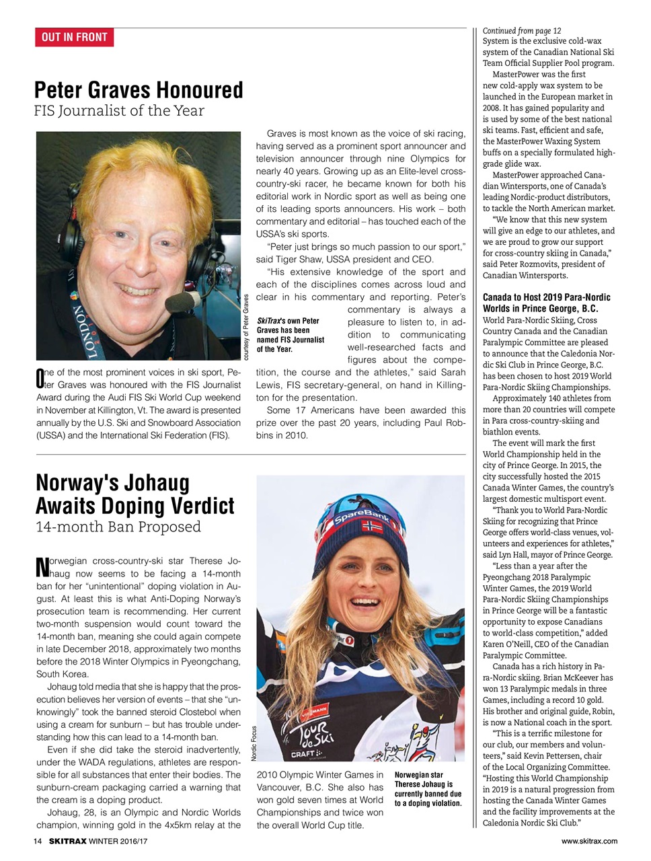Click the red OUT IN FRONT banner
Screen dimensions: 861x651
click(74, 37)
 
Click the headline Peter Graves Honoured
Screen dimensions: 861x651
click(139, 89)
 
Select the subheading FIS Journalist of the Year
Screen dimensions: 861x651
click(119, 111)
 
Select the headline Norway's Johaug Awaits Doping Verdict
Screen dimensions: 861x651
click(135, 494)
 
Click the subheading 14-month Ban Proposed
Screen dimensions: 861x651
click(118, 527)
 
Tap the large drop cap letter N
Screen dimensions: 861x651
click(40, 567)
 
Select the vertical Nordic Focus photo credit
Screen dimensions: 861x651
click(254, 743)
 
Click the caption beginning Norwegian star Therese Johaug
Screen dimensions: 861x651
click(428, 789)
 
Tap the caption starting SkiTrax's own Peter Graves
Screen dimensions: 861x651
click(291, 335)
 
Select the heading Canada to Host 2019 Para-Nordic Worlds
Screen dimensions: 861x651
click(546, 303)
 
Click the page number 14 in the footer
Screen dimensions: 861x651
click(38, 841)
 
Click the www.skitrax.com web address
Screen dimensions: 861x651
click(589, 841)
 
